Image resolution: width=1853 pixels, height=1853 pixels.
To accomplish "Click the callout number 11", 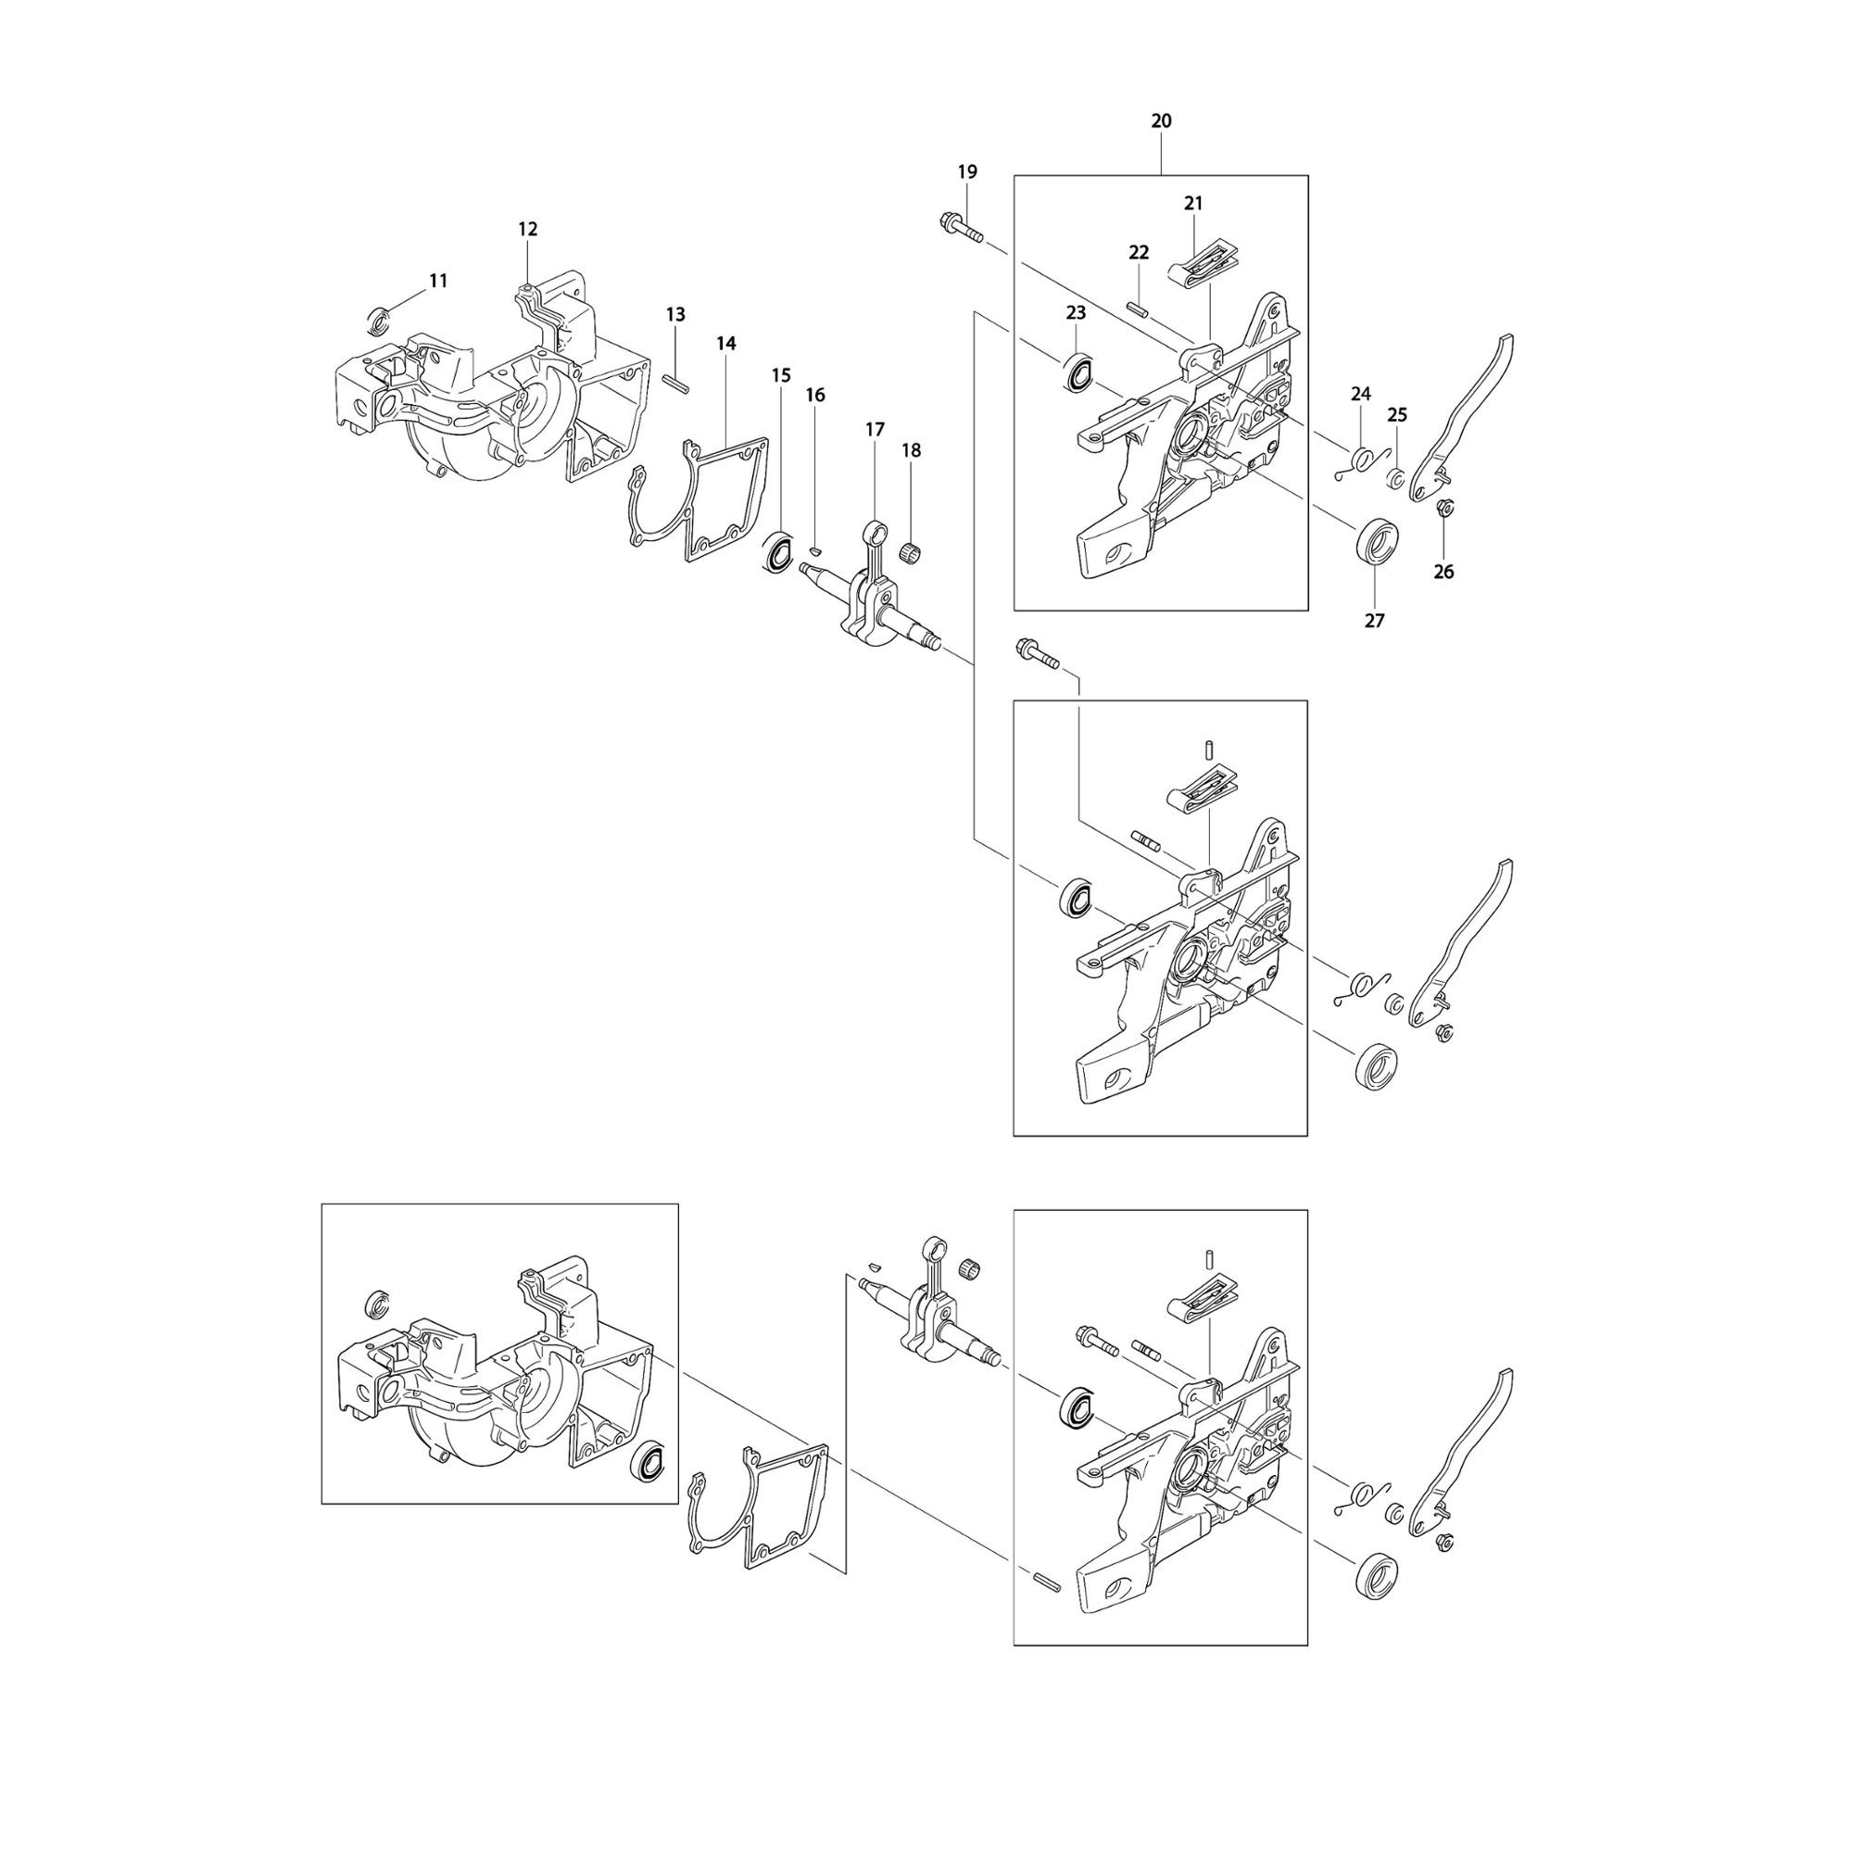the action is pyautogui.click(x=438, y=281).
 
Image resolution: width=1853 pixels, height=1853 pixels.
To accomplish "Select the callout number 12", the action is pyautogui.click(x=527, y=229).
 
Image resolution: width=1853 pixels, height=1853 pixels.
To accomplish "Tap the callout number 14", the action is pyautogui.click(x=726, y=344).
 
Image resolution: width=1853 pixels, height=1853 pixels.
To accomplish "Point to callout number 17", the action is pyautogui.click(x=875, y=430).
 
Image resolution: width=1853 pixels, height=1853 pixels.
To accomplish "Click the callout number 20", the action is pyautogui.click(x=1161, y=120).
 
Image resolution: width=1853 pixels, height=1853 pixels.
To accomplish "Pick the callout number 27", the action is pyautogui.click(x=1374, y=622).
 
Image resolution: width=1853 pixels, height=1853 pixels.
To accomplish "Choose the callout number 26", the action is pyautogui.click(x=1443, y=572).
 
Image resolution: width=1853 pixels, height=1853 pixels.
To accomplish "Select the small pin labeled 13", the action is pyautogui.click(x=678, y=382).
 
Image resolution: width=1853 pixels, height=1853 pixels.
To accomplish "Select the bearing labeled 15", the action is pyautogui.click(x=778, y=553).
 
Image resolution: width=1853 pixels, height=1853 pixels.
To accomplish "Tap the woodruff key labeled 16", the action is pyautogui.click(x=814, y=550).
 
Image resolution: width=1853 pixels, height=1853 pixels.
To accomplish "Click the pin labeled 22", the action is pyautogui.click(x=1138, y=307).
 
